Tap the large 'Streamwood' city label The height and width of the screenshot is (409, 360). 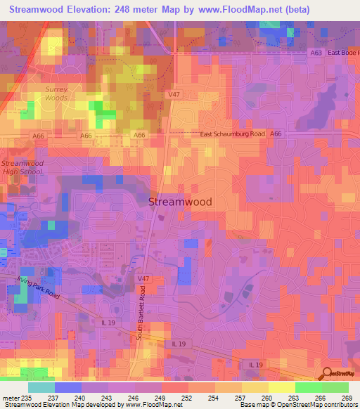pyautogui.click(x=180, y=201)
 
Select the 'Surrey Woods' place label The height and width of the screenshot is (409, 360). pyautogui.click(x=57, y=93)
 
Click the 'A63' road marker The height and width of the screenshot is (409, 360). pyautogui.click(x=318, y=53)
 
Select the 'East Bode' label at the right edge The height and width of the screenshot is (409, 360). pyautogui.click(x=344, y=53)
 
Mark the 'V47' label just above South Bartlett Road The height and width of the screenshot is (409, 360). pyautogui.click(x=143, y=279)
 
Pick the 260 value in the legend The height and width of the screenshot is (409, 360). pyautogui.click(x=266, y=398)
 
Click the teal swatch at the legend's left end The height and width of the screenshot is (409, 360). pyautogui.click(x=41, y=387)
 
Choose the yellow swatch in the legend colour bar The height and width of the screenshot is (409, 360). pyautogui.click(x=281, y=387)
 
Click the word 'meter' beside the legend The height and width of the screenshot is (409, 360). pyautogui.click(x=11, y=398)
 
